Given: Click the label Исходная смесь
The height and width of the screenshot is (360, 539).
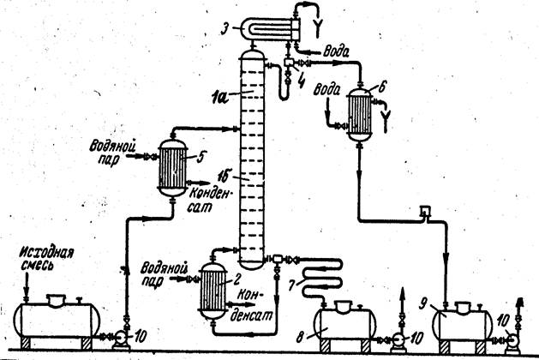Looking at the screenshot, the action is (x=46, y=259).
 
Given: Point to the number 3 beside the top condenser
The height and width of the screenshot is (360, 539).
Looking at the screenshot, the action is (x=225, y=28).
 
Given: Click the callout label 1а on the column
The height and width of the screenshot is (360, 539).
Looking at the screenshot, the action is (x=218, y=98).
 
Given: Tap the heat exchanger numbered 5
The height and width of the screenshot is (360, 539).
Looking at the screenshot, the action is (x=172, y=167).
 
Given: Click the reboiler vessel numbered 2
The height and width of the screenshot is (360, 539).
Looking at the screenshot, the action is (x=213, y=291).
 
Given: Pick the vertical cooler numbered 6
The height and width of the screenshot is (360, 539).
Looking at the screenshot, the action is (x=360, y=114).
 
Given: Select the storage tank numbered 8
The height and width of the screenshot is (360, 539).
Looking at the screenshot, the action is (x=345, y=325).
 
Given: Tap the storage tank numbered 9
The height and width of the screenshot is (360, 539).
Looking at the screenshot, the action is (x=461, y=325).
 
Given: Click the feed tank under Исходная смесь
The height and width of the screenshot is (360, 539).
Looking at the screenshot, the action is (x=57, y=319).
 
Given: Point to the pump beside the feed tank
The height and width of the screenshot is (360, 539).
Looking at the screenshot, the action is (x=122, y=339).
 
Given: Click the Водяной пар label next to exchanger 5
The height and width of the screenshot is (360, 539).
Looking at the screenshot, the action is (x=111, y=152).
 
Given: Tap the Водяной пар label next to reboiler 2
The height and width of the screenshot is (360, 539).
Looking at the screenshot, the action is (x=164, y=273).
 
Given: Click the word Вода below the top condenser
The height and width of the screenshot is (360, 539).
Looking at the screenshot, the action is (x=336, y=51).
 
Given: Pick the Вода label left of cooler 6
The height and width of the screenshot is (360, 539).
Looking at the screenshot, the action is (x=326, y=90).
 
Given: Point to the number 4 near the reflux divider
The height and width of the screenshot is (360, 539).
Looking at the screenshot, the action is (x=301, y=81).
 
